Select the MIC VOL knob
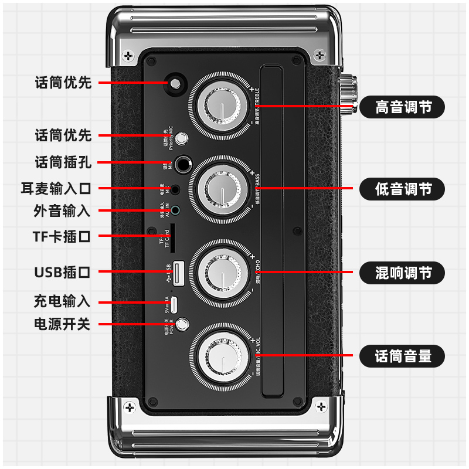click(221, 355)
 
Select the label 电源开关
click(62, 324)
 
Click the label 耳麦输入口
click(56, 189)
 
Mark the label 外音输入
click(62, 210)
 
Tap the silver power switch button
click(184, 324)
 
